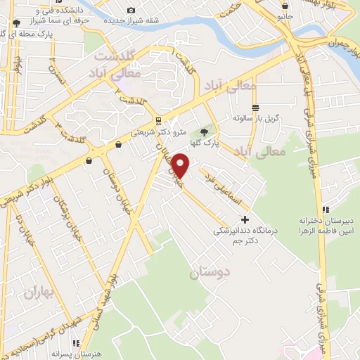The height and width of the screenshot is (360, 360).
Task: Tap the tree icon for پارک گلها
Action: click(205, 131)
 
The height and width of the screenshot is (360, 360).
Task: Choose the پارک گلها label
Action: click(229, 141)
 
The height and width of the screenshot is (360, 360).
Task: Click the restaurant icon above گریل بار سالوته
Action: click(255, 108)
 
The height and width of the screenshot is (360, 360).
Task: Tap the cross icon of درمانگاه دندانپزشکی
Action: click(245, 220)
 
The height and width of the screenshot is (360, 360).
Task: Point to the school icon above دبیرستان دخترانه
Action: click(326, 209)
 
